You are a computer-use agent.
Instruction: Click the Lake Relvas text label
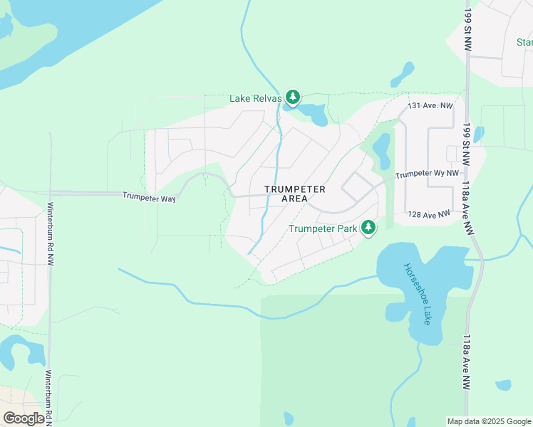point(256,98)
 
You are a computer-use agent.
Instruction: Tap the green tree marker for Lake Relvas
point(292,97)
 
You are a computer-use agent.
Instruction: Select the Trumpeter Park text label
point(324,229)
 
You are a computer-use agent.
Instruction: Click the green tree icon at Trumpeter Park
point(368,228)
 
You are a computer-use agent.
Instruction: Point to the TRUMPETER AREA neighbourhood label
point(294,194)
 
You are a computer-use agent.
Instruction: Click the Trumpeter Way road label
point(149,197)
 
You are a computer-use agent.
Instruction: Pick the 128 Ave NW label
point(429,214)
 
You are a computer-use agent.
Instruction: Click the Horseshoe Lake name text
point(417,294)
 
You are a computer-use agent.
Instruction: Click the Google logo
point(24,418)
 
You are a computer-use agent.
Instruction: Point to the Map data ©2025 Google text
point(489,421)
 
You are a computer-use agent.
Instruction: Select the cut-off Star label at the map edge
point(524,42)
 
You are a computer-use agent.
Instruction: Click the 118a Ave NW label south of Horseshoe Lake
point(467,362)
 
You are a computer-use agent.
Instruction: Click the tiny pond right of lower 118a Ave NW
point(504,385)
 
